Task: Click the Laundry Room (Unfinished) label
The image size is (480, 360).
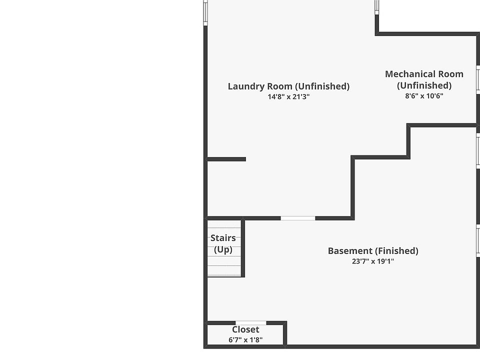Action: point(288,86)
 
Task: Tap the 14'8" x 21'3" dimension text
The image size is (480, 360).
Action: point(288,97)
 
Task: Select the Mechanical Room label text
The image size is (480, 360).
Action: point(424,74)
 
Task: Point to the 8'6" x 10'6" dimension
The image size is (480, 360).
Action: point(424,96)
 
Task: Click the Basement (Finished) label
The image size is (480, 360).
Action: point(373,250)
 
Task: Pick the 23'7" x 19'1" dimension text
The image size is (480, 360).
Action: point(373,261)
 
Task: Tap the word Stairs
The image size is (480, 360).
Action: point(223,238)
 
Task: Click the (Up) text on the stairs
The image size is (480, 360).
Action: point(223,249)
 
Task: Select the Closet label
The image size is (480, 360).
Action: point(245,329)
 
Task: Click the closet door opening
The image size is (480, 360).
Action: point(250,323)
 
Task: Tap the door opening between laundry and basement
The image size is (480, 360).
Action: point(297,218)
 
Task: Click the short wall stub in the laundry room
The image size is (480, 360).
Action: point(226,159)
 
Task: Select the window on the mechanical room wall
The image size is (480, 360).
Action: point(478,80)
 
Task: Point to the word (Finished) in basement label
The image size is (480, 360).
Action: point(397,250)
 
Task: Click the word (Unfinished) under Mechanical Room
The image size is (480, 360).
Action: point(424,85)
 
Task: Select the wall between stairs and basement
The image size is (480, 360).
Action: point(243,247)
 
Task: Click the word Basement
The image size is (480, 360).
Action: point(350,250)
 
